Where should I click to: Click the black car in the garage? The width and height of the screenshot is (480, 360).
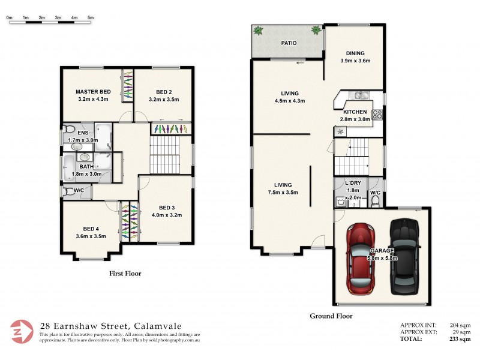tap(403, 257)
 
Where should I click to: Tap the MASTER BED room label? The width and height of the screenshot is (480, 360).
tap(92, 91)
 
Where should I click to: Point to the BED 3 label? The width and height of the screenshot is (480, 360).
tap(166, 208)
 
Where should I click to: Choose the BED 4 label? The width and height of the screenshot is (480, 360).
tap(91, 228)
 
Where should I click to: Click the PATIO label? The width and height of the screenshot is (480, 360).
tap(289, 43)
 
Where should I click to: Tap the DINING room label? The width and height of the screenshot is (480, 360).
tap(356, 52)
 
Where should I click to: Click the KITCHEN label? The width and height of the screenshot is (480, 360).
tap(355, 112)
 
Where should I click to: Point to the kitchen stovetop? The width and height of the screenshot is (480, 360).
tap(377, 113)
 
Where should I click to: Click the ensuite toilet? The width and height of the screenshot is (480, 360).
tap(70, 129)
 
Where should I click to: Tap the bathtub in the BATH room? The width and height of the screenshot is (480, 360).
tap(69, 167)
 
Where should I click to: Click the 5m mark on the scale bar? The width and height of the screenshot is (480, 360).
tap(91, 18)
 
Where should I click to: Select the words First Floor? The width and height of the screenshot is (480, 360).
tap(125, 274)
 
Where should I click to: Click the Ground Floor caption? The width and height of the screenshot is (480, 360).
tap(331, 316)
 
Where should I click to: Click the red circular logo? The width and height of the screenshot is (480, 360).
tap(22, 332)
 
